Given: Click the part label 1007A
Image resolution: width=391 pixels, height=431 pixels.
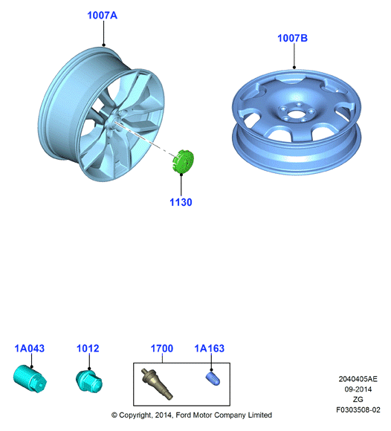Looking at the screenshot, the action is [x=103, y=16].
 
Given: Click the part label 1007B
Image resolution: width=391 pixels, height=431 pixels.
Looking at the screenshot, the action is [x=292, y=38].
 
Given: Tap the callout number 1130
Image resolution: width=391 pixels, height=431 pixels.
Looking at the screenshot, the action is [x=181, y=202].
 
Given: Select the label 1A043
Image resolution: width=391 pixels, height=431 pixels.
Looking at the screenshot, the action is [x=30, y=349].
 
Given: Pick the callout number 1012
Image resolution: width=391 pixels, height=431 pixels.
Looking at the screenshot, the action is [x=88, y=349].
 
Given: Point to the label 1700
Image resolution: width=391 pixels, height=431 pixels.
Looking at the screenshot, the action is [x=162, y=349].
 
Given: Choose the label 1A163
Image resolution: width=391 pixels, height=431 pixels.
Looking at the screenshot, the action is [x=210, y=349].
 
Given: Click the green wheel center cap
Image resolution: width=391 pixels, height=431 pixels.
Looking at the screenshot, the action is [x=184, y=161].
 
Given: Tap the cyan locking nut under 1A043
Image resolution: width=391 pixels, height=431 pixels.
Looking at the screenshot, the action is [x=30, y=379].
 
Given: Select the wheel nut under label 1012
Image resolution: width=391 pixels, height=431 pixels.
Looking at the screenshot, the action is [x=88, y=380].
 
